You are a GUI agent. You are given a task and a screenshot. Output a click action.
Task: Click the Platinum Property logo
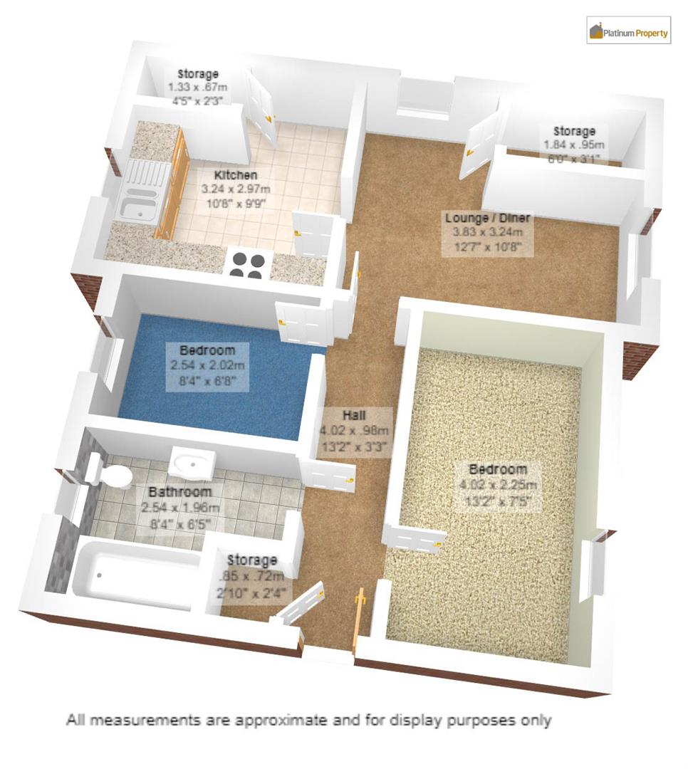pos(628,31)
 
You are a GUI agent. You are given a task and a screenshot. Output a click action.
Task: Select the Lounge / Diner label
pos(487,218)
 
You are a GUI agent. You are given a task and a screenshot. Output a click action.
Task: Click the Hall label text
pos(355,414)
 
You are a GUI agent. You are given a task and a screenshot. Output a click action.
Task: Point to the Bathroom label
pos(179,492)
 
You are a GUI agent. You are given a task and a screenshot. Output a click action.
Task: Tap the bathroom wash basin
pos(191,464)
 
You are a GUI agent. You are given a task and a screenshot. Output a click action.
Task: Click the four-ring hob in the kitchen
pos(246,264)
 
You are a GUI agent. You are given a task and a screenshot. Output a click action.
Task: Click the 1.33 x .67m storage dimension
pos(197,88)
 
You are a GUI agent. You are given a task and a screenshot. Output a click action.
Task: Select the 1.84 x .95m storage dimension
pos(574,145)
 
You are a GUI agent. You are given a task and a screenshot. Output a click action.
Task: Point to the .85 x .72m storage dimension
pos(252,575)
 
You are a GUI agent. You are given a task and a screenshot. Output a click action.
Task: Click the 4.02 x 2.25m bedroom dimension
pos(498,485)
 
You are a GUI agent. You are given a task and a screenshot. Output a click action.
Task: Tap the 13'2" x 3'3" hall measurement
pos(355,447)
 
